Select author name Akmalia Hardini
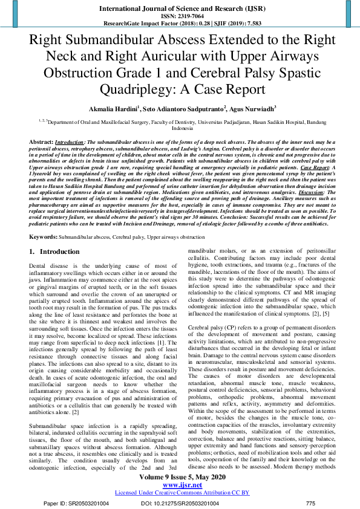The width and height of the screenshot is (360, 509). point(113,109)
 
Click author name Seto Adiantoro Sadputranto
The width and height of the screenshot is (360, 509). point(183,109)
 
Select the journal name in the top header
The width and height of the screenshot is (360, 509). point(180,8)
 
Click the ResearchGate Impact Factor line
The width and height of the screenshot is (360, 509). point(180,24)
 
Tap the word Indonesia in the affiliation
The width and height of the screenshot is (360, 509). point(180,128)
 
